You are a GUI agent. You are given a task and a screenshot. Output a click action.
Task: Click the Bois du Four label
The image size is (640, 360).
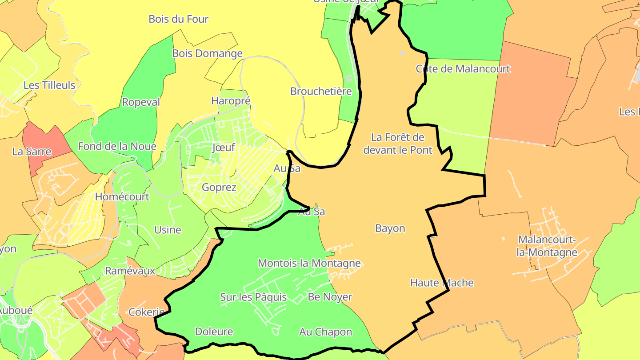tap(178, 19)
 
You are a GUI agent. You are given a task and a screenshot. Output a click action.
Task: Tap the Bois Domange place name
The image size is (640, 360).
tap(208, 54)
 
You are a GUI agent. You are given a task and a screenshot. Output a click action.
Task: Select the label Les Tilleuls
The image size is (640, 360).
tap(49, 85)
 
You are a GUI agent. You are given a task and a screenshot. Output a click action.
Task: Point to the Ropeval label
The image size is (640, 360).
tap(141, 102)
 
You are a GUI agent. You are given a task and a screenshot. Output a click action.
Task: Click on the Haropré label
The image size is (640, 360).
tap(231, 101)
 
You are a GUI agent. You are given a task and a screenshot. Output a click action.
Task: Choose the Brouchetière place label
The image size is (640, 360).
tap(321, 91)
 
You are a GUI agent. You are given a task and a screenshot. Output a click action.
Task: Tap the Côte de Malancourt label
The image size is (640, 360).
tap(463, 69)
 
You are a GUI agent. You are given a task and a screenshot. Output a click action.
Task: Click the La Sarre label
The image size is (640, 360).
tap(32, 152)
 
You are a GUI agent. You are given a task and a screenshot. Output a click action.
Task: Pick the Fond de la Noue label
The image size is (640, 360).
tap(117, 146)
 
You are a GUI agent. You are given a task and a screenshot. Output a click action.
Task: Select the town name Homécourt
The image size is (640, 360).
tap(122, 196)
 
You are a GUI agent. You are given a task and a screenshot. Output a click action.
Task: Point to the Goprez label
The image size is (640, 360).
tap(219, 187)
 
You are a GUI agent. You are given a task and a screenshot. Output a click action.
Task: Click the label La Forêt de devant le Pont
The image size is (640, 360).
tap(398, 144)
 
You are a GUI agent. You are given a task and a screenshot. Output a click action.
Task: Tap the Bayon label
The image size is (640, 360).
tap(390, 228)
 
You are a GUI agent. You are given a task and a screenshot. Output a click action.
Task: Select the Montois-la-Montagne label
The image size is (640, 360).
tap(309, 263)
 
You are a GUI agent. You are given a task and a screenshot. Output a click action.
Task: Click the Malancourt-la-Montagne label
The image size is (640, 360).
tap(548, 246)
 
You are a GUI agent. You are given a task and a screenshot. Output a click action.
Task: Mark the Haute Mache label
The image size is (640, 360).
tap(442, 283)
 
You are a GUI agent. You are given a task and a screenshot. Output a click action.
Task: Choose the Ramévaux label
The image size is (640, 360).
tap(130, 271)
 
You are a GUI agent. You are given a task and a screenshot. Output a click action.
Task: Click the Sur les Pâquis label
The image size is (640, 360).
tap(253, 297)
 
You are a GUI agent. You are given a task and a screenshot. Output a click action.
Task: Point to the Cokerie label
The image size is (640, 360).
tap(146, 312)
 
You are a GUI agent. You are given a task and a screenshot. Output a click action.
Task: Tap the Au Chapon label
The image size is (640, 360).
tap(325, 332)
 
